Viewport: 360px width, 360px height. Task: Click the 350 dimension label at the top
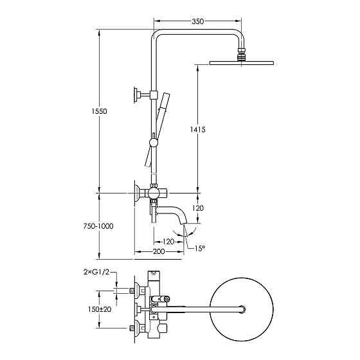click(198, 21)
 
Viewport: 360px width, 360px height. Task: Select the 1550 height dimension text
click(99, 111)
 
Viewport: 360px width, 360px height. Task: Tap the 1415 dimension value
click(198, 130)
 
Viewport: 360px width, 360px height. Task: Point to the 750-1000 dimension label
click(98, 226)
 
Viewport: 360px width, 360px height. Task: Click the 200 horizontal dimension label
click(159, 251)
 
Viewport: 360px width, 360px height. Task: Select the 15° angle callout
click(200, 248)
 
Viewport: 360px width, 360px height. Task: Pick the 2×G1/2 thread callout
click(96, 273)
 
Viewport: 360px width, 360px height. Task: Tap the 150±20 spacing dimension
click(100, 309)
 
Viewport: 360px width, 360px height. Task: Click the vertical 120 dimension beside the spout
click(198, 208)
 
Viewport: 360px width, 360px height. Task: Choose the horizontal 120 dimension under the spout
click(168, 242)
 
